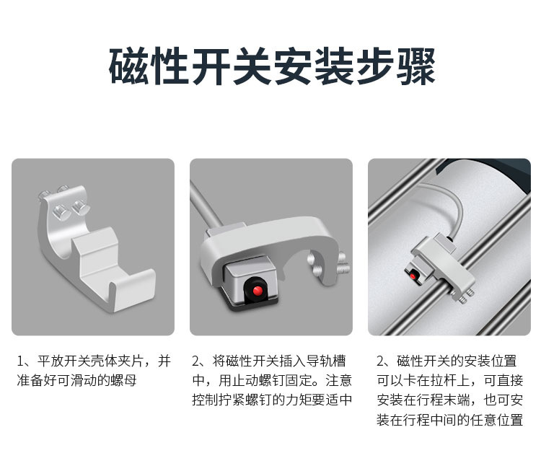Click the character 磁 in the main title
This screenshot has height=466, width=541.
[129, 66]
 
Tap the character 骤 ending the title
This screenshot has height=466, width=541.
[415, 66]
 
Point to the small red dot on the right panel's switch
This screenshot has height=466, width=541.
[413, 276]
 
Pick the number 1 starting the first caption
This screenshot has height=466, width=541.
[20, 361]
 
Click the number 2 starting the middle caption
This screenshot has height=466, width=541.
[195, 361]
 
